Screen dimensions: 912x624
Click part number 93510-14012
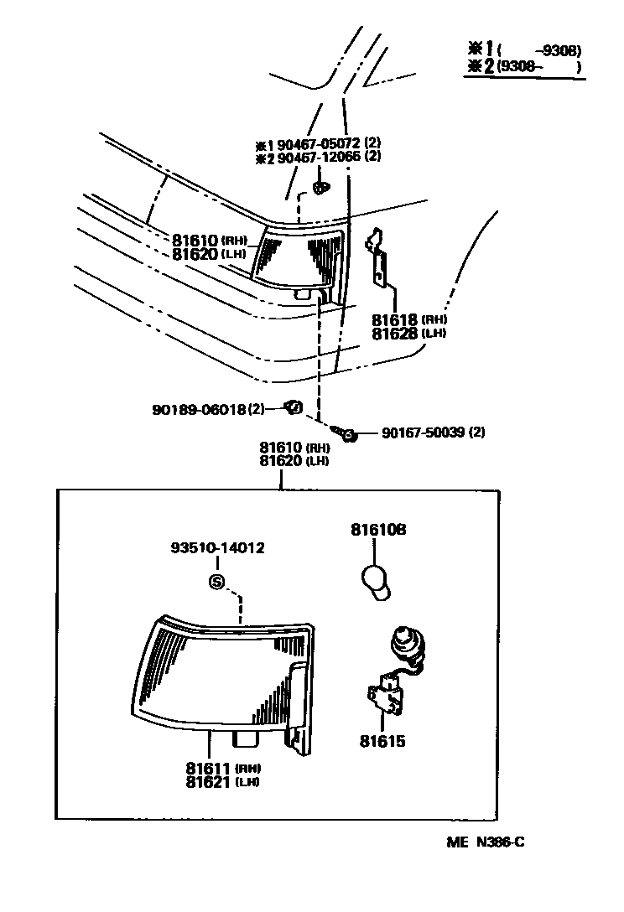pyautogui.click(x=217, y=548)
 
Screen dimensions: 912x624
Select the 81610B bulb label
pyautogui.click(x=377, y=530)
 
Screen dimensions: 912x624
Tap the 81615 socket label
pyautogui.click(x=383, y=741)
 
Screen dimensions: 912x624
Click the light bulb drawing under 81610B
pyautogui.click(x=377, y=581)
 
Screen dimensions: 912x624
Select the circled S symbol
pyautogui.click(x=217, y=581)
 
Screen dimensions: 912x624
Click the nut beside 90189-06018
pyautogui.click(x=293, y=407)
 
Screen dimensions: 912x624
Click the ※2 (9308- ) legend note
pyautogui.click(x=523, y=65)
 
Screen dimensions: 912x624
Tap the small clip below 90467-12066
pyautogui.click(x=320, y=188)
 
